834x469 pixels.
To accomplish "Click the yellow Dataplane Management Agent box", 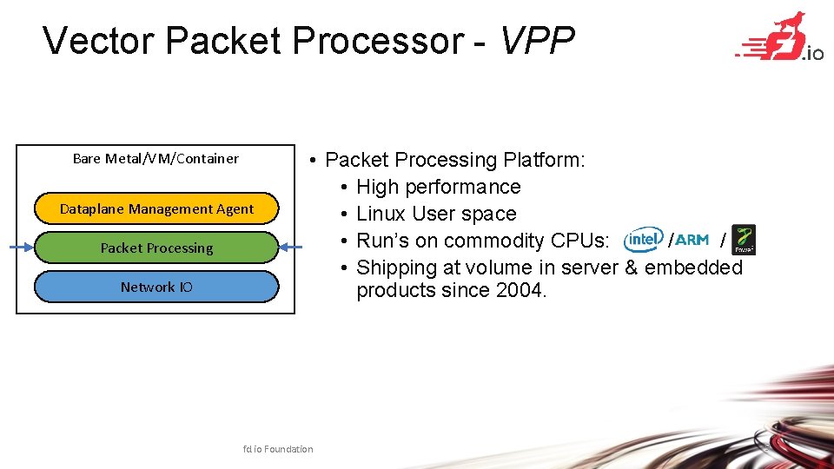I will click(x=156, y=208).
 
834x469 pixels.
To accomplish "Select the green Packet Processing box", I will click(x=156, y=248).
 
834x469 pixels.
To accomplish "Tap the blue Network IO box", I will click(x=156, y=287).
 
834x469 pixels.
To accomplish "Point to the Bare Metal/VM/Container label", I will click(x=156, y=158).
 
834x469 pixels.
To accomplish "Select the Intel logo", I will click(x=644, y=239).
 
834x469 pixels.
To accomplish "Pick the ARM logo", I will click(x=692, y=240).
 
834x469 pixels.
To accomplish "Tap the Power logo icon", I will click(x=743, y=239).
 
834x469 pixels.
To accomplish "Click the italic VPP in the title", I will click(x=537, y=41).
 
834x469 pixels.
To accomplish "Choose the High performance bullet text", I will click(x=438, y=187).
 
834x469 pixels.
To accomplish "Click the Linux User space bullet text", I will click(x=436, y=214).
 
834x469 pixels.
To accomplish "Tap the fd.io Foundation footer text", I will click(x=278, y=449).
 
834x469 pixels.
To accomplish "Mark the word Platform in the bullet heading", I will click(x=544, y=160).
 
